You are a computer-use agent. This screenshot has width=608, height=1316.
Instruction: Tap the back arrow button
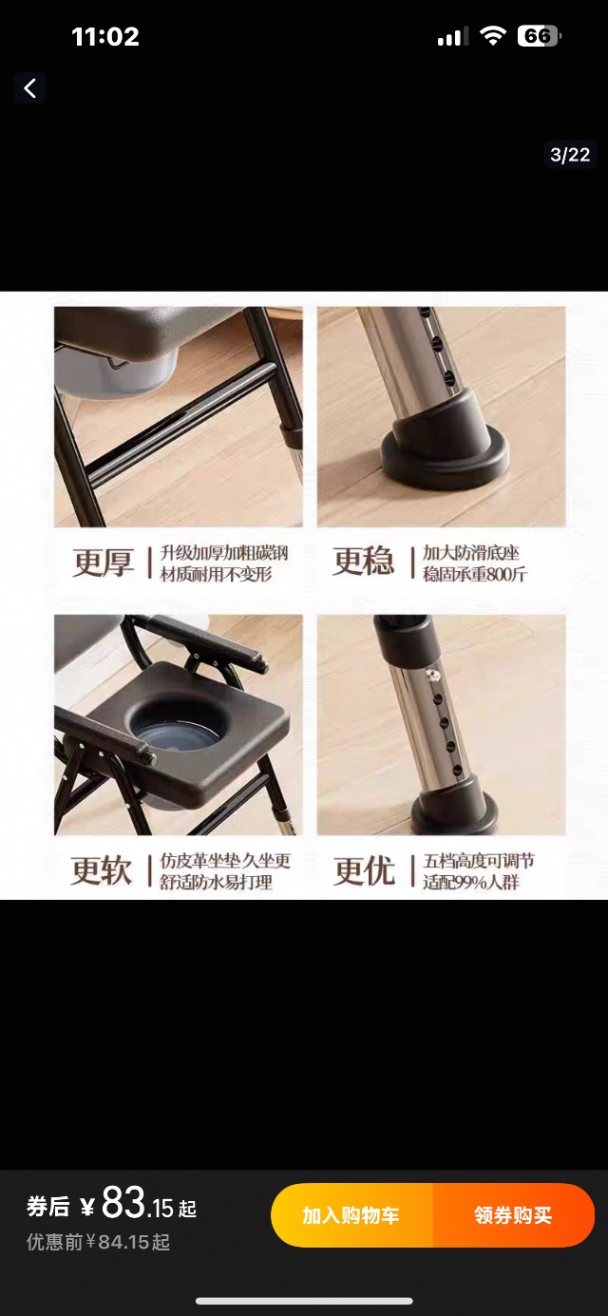[x=30, y=88]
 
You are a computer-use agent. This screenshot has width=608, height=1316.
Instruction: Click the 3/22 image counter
[x=570, y=155]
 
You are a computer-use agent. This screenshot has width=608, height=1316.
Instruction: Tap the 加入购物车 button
[x=351, y=1215]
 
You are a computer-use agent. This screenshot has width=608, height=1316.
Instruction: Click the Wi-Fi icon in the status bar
[x=492, y=36]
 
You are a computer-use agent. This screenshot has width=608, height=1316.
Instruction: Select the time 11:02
[x=105, y=37]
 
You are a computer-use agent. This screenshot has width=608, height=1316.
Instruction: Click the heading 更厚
[x=104, y=563]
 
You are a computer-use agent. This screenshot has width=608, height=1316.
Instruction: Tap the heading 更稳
[x=363, y=561]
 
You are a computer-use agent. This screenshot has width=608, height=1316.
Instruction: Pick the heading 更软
[x=101, y=870]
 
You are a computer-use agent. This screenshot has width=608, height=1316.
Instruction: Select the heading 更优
[x=364, y=870]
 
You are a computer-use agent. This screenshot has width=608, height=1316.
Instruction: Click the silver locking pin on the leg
[x=434, y=677]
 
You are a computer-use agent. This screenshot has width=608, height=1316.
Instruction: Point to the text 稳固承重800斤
[x=475, y=574]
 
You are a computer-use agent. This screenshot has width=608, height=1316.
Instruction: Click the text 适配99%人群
[x=471, y=883]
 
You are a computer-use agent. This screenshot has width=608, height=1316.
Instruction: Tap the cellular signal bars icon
[x=453, y=36]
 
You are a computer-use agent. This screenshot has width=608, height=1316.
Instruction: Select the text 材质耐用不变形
[x=217, y=574]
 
